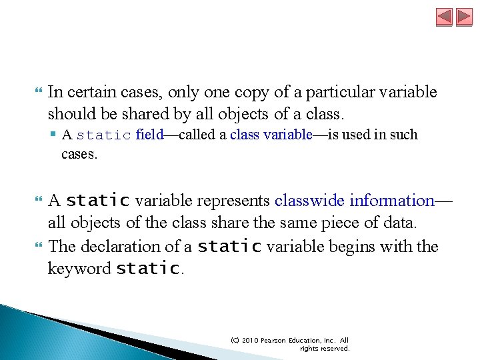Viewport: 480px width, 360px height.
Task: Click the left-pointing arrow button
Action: click(x=444, y=17)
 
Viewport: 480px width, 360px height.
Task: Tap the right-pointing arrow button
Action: click(x=464, y=17)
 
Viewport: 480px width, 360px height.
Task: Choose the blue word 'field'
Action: click(x=149, y=135)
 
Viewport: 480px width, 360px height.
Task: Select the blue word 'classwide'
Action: click(x=309, y=200)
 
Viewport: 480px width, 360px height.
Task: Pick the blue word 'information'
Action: click(x=392, y=200)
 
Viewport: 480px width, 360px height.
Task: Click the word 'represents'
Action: click(x=237, y=200)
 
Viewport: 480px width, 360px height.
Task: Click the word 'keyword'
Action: click(x=79, y=269)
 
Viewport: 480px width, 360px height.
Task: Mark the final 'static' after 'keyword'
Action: click(x=147, y=269)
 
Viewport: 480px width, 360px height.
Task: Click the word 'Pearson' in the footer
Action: click(x=274, y=340)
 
